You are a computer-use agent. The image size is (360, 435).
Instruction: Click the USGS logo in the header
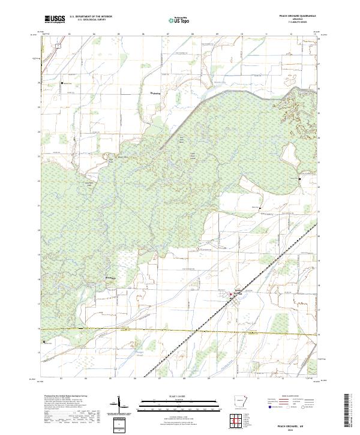click(55, 20)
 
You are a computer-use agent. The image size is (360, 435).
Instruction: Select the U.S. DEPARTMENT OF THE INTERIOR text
click(91, 17)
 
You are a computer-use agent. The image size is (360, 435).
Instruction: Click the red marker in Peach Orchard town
click(230, 294)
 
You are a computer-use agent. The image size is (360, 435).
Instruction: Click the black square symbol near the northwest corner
click(61, 83)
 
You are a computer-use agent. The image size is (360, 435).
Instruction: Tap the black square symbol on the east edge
click(300, 179)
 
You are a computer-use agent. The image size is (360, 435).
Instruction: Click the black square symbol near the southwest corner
click(44, 341)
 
